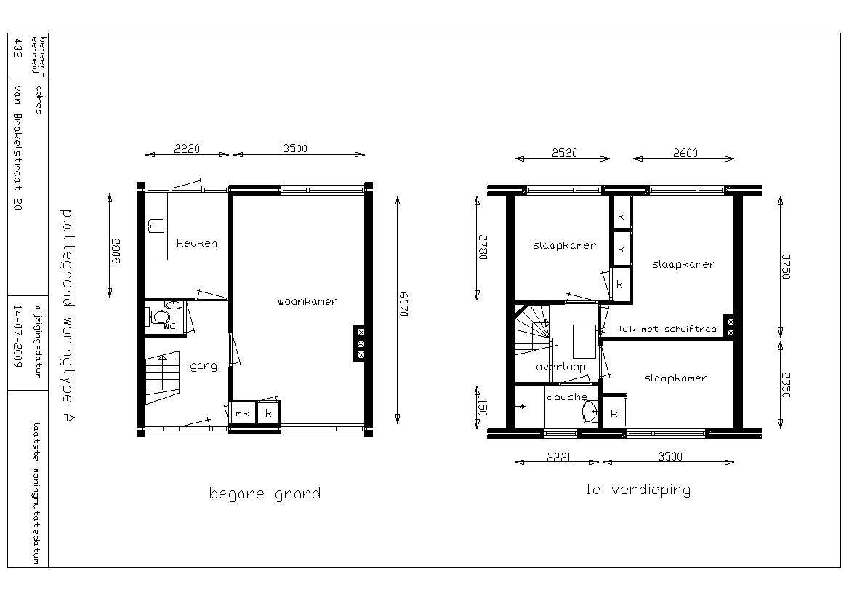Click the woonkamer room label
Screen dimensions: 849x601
pos(307,301)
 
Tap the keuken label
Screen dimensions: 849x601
pos(197,243)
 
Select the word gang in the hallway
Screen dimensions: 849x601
pos(204,367)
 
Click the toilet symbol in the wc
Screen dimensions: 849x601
pos(161,316)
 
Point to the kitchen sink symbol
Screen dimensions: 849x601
pos(156,226)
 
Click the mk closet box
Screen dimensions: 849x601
pos(242,413)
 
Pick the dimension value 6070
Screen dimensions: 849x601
pos(403,305)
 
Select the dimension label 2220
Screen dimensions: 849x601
pos(187,148)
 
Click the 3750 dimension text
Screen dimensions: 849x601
pos(786,266)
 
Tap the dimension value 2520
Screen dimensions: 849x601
pos(564,153)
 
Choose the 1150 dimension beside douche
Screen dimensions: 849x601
pos(483,405)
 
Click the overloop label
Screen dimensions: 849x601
pos(560,367)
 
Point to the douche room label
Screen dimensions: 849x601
pos(567,397)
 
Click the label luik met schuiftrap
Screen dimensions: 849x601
pos(667,329)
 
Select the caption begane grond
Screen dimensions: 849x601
pos(265,494)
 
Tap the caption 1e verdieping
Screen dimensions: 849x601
pos(639,490)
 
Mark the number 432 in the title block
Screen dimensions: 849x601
pos(17,48)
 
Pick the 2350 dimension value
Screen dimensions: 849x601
pos(786,385)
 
